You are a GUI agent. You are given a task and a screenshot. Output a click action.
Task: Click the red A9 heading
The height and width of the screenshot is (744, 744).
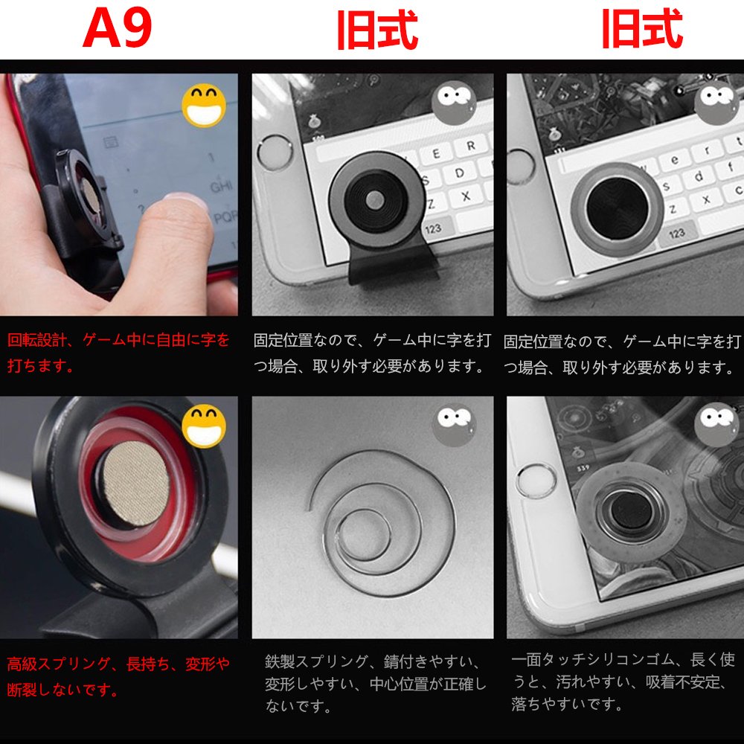(x=118, y=28)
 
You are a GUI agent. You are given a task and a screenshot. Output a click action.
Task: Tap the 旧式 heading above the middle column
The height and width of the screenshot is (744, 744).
(x=377, y=30)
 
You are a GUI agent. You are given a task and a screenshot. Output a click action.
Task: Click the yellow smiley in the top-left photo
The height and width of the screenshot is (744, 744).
(x=204, y=106)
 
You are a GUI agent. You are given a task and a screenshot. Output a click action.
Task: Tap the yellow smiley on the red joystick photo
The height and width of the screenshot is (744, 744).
(x=204, y=426)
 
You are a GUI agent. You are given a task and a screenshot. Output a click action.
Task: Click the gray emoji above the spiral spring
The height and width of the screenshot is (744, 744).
(x=454, y=425)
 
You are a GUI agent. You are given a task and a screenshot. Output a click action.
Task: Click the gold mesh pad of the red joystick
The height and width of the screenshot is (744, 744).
(x=136, y=484)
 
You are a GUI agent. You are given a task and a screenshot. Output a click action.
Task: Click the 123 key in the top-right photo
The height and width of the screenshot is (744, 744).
(x=676, y=233)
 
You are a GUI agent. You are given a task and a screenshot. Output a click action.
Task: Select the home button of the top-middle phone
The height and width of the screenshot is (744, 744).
(x=275, y=153)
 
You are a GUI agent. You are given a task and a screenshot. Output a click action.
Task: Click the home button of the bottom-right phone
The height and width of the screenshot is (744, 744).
(x=536, y=481)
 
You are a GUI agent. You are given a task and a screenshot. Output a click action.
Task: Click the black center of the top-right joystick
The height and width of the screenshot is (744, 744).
(x=618, y=208)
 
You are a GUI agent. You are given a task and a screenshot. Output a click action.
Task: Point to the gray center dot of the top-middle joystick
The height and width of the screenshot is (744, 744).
(x=375, y=199)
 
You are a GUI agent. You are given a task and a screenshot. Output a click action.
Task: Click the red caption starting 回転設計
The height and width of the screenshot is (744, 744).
(x=118, y=353)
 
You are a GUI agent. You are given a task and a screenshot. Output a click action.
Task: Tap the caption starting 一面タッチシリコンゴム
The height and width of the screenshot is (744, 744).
(x=623, y=682)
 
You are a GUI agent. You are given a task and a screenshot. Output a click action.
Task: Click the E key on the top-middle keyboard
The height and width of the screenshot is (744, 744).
(x=436, y=154)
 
